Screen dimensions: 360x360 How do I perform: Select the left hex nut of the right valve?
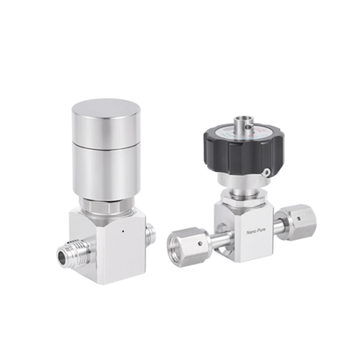pos(182,244)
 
